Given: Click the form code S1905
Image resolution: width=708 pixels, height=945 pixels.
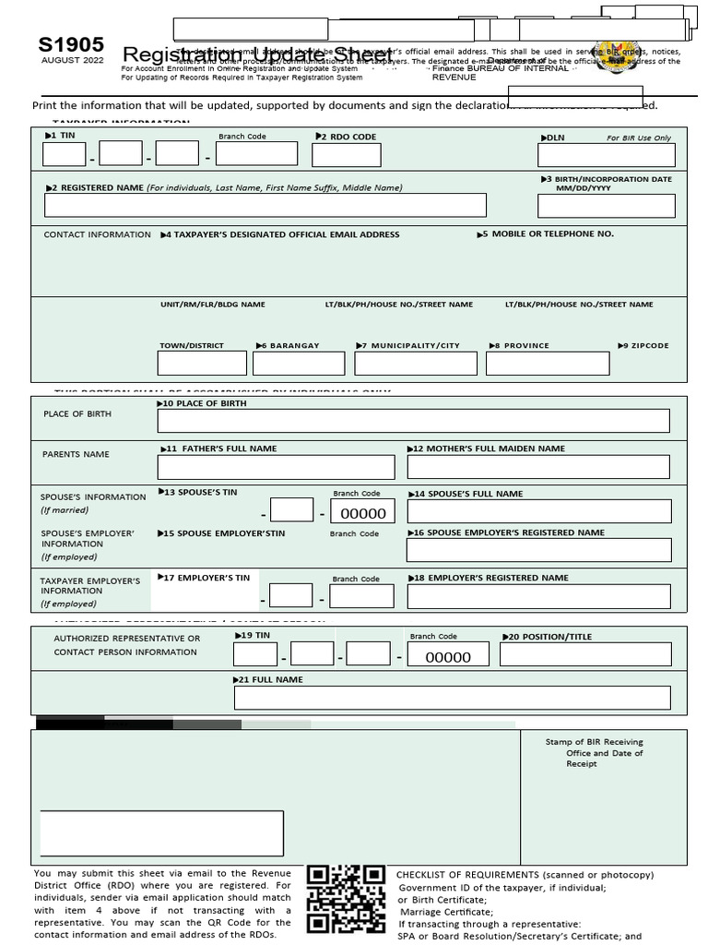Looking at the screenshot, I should [x=71, y=45].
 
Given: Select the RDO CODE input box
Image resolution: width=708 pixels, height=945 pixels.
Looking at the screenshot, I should [x=346, y=154].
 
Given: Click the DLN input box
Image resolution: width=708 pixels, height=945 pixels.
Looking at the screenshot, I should [x=606, y=155].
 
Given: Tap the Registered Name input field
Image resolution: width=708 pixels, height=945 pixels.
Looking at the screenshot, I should [x=265, y=205].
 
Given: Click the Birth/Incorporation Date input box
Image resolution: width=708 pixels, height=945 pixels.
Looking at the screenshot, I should [x=606, y=205].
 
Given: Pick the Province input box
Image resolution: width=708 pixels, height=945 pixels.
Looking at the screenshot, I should [x=548, y=363].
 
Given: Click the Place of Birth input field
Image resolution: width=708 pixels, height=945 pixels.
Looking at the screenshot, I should [x=413, y=421].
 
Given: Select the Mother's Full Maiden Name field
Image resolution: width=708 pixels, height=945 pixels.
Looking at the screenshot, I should [x=538, y=466].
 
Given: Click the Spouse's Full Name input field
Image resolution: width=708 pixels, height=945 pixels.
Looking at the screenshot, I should [x=538, y=511].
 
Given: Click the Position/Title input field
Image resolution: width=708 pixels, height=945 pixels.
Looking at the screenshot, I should [x=585, y=654].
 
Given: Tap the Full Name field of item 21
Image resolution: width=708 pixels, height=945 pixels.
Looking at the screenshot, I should [x=452, y=697].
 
